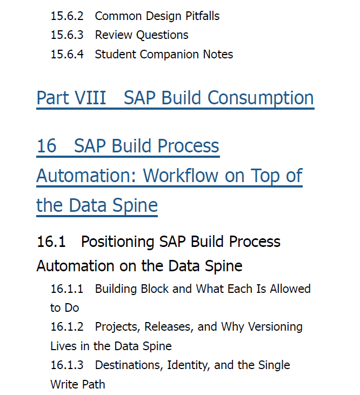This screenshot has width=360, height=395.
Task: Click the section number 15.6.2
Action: point(67,16)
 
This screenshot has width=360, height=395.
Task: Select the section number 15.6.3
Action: point(67,35)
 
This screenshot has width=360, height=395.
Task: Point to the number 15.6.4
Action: point(67,55)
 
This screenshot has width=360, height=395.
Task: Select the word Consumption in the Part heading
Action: point(261,97)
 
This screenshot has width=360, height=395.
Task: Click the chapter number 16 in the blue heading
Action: point(46,146)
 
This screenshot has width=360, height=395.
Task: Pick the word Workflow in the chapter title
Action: point(181,175)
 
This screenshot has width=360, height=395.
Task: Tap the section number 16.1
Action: point(51,242)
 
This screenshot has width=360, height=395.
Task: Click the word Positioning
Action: point(117,242)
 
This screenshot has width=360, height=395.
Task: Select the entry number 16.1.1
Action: point(67,289)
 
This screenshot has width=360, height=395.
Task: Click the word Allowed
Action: point(290,289)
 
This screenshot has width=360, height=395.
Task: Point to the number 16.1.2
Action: point(67,327)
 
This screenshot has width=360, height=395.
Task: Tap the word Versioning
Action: point(275,327)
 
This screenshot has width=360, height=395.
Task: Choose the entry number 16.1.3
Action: point(67,365)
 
